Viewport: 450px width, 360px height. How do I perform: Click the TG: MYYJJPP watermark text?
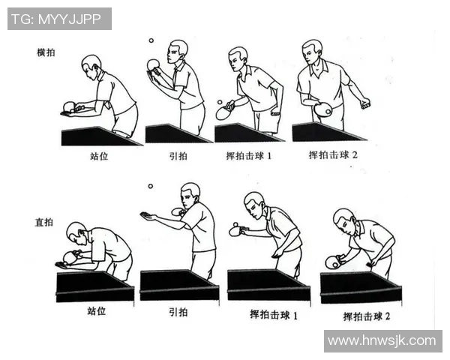(59, 19)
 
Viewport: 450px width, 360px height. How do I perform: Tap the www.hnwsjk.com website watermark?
(382, 340)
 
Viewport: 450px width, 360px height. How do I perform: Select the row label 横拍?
(46, 53)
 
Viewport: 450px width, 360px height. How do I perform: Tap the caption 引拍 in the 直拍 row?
(178, 310)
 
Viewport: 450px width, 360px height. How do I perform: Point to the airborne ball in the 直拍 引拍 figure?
(150, 186)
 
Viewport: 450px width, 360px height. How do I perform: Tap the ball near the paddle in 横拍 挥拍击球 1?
(219, 102)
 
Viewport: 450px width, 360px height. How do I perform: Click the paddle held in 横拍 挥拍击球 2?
(323, 109)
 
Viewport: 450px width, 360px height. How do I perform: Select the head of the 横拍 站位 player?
(91, 64)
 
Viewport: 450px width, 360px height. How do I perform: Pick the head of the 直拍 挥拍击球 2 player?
(343, 218)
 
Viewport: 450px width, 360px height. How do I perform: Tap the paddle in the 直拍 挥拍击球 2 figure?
(331, 262)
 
